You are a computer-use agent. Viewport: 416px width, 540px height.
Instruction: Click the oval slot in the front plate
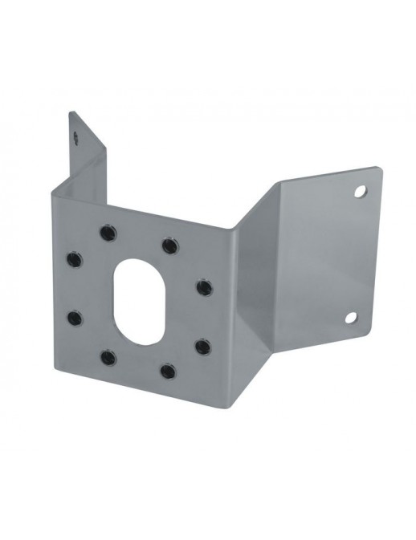tap(137, 298)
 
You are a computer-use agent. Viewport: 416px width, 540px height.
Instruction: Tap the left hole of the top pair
tap(106, 233)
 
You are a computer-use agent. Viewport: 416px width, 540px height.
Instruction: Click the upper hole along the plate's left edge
tap(74, 259)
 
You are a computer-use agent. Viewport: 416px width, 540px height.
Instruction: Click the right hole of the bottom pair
tap(167, 370)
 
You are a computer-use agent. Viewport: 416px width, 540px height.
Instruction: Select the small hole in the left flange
tap(76, 137)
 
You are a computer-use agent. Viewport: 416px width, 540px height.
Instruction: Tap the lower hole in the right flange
tap(351, 318)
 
